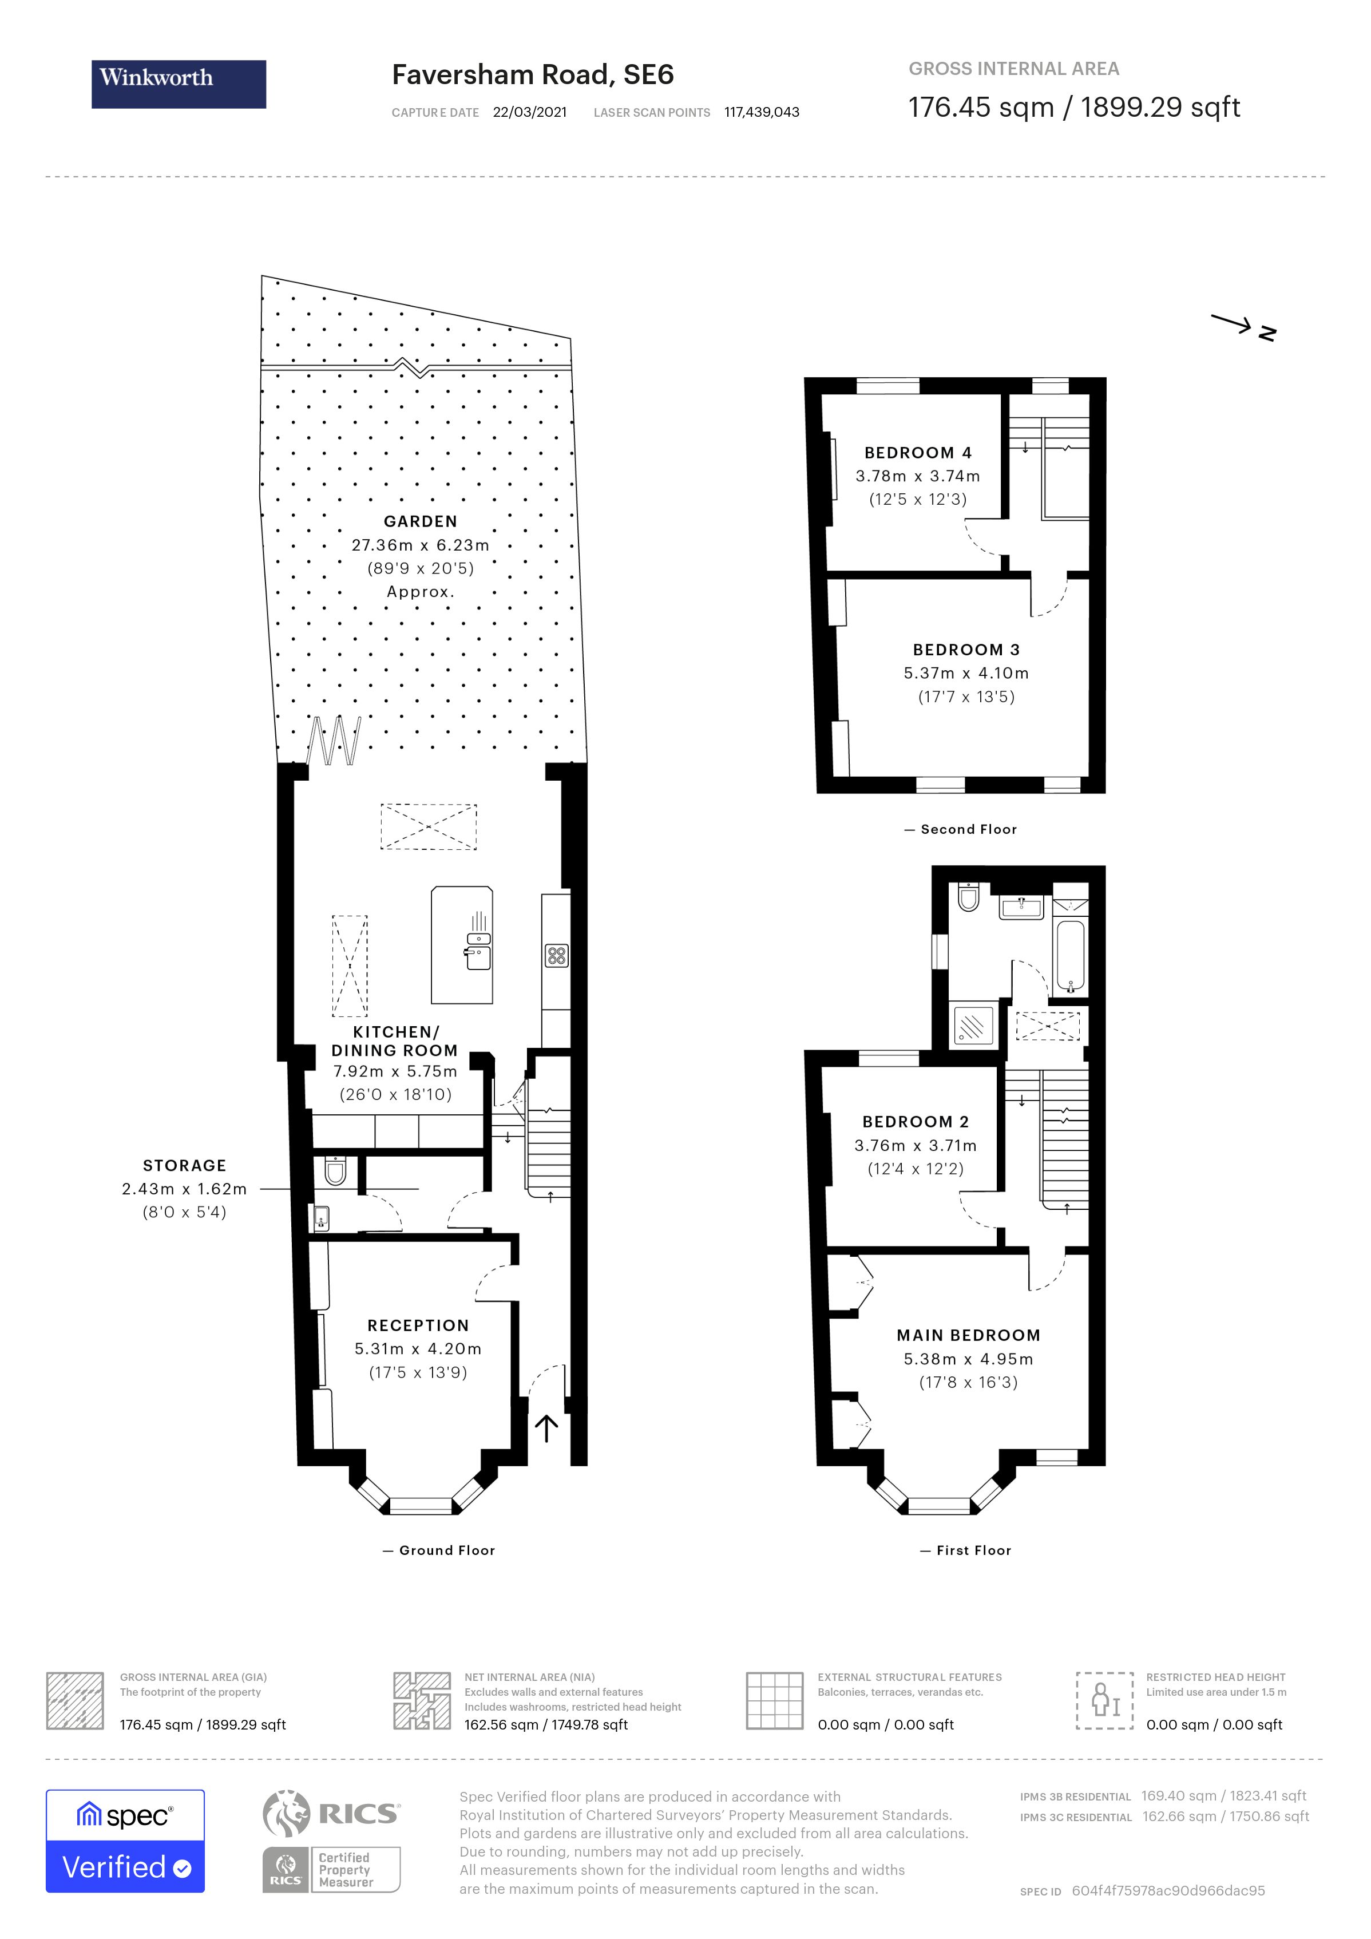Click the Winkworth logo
tap(178, 84)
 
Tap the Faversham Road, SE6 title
tap(533, 75)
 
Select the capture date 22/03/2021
tap(529, 112)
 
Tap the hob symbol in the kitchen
tap(556, 956)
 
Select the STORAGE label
tap(184, 1165)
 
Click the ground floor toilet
tap(335, 1172)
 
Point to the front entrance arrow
tap(546, 1428)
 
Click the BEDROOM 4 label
tap(918, 453)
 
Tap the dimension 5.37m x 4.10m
tap(966, 673)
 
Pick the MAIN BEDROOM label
tap(968, 1335)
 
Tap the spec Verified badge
tap(125, 1840)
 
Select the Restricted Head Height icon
tap(1104, 1700)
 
